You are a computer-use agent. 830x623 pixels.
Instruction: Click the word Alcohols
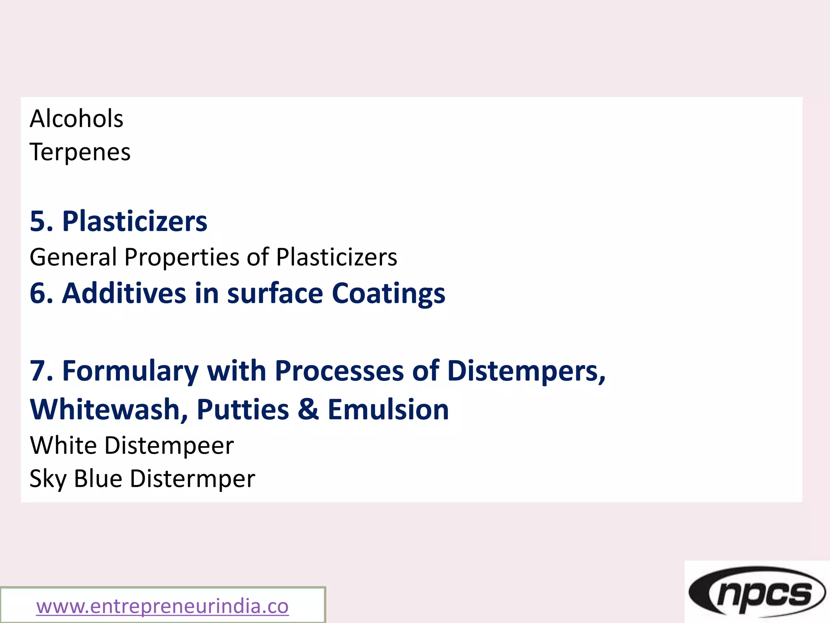(76, 118)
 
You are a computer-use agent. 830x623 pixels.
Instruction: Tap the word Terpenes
(80, 152)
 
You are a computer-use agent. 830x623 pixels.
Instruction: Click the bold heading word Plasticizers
(135, 221)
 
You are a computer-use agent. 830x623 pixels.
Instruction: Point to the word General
(73, 257)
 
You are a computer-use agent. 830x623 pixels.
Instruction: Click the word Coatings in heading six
(388, 294)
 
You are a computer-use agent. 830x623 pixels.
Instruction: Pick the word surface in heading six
(275, 293)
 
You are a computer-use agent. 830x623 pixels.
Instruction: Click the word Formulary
(130, 371)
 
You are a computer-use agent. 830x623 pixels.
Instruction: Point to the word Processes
(339, 371)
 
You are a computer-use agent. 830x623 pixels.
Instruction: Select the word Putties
(243, 409)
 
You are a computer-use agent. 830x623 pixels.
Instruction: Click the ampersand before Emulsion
(308, 409)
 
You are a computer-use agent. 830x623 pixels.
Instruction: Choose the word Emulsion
(388, 409)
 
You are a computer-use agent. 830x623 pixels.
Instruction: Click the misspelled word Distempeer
(169, 445)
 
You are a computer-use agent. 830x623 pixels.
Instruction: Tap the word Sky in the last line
(48, 479)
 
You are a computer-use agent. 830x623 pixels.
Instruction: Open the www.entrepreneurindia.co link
(162, 606)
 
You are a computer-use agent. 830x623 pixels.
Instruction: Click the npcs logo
(757, 592)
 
